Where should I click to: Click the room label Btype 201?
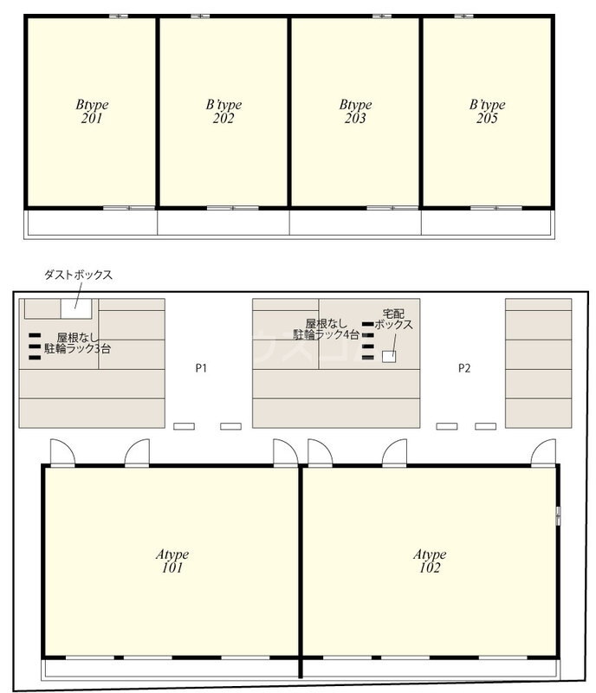[x=92, y=112]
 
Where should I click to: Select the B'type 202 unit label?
[x=223, y=112]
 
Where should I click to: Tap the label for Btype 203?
[x=355, y=112]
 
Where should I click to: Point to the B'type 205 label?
[x=487, y=112]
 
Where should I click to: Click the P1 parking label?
[x=201, y=368]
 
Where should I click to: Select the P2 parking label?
[x=464, y=368]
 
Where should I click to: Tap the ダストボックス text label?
[x=79, y=275]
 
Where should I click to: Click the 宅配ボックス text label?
[x=392, y=319]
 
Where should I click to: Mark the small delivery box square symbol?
[x=389, y=356]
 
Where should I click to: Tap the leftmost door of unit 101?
[x=63, y=452]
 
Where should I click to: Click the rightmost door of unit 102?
[x=543, y=452]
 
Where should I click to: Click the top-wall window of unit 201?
[x=122, y=16]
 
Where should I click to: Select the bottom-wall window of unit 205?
[x=496, y=208]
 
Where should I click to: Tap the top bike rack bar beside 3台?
[x=35, y=336]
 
